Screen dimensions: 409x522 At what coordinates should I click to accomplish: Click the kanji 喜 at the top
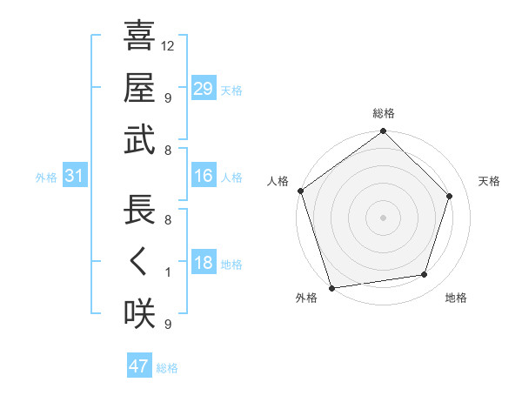point(139,37)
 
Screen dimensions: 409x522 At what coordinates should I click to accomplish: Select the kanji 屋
point(139,89)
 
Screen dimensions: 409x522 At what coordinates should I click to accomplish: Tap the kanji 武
point(139,141)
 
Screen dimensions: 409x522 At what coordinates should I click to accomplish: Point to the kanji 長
point(139,211)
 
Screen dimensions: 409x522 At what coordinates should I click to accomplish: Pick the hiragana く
point(139,263)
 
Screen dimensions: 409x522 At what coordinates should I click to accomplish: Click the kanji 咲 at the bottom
point(139,314)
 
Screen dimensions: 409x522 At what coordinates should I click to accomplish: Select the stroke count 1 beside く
point(168,272)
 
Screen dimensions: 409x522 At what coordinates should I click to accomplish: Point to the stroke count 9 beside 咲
point(168,325)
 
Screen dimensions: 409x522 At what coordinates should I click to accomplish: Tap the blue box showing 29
point(204,89)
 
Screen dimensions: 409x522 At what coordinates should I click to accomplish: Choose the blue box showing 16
point(204,177)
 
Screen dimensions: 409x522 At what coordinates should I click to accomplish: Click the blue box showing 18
point(204,264)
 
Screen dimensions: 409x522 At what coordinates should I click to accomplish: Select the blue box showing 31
point(75,177)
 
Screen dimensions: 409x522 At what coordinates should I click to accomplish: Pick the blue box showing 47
point(139,366)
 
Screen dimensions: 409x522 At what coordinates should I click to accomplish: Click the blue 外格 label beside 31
point(46,178)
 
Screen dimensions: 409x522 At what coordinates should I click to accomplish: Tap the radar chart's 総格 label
point(384,114)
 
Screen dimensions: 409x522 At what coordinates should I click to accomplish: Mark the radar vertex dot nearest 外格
point(332,287)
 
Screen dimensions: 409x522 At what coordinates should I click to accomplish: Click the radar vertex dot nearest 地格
point(425,275)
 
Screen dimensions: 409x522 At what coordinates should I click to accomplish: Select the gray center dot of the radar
point(383,217)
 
